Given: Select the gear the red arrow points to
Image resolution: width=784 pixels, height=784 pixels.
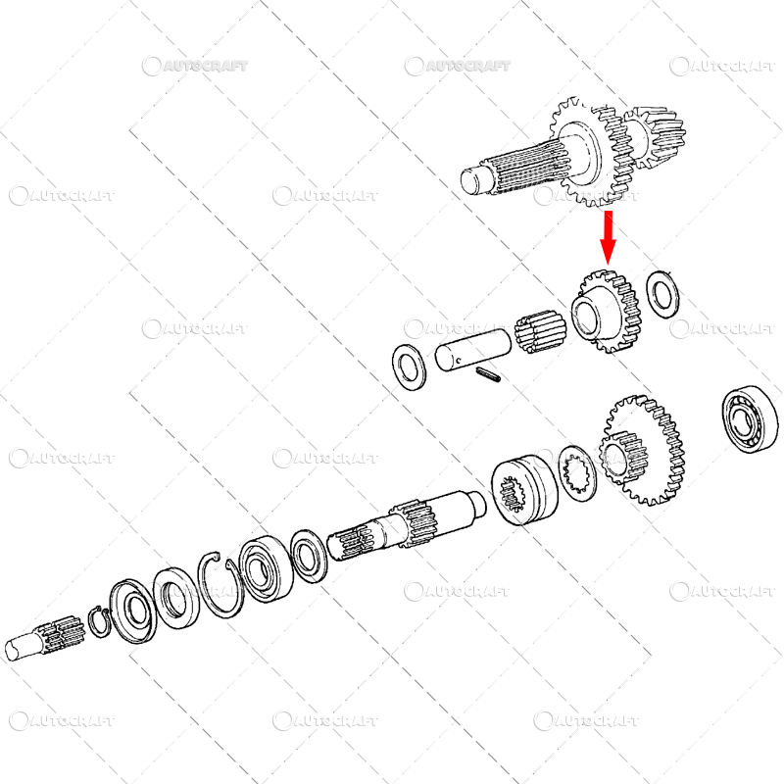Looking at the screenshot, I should (604, 312).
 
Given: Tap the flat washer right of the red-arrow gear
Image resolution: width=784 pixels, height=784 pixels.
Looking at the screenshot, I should (665, 292).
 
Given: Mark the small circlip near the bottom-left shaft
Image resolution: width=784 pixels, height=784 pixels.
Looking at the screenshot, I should (98, 622).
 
